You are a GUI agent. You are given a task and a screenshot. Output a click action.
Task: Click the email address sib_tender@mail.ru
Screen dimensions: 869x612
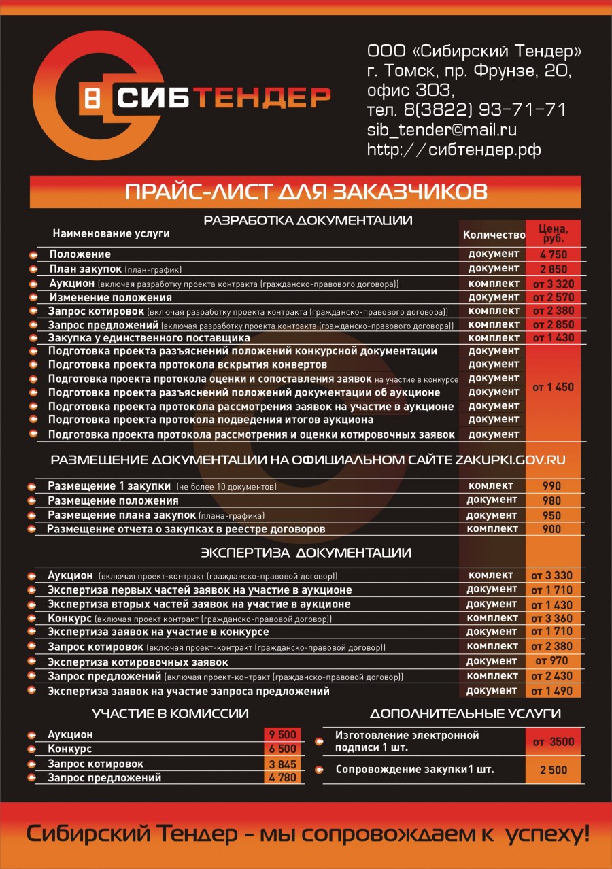(442, 129)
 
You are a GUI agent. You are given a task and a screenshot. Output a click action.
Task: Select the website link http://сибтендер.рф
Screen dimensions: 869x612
(454, 150)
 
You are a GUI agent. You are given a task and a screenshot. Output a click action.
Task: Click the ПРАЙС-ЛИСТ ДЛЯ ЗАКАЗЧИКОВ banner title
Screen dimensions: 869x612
(306, 192)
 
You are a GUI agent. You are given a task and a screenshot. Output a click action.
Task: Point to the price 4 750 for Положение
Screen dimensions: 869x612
(553, 255)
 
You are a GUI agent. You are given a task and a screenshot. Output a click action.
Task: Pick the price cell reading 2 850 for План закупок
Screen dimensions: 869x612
(553, 269)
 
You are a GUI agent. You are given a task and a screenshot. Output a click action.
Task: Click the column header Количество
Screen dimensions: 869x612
(494, 235)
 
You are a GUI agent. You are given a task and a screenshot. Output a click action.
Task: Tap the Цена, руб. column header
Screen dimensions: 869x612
(553, 233)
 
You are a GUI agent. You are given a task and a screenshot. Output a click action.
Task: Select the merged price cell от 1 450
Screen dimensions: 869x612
(553, 387)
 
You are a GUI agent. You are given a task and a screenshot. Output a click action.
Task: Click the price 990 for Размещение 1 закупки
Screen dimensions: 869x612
(551, 486)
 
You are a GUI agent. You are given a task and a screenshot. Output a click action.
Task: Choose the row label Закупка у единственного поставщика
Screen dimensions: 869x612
(149, 338)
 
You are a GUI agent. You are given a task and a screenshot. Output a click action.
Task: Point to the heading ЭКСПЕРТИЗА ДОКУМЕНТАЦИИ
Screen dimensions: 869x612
(306, 553)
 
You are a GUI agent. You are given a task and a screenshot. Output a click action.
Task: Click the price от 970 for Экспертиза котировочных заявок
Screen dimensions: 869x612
(551, 661)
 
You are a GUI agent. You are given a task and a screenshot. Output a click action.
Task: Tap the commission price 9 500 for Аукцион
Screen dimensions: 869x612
(283, 734)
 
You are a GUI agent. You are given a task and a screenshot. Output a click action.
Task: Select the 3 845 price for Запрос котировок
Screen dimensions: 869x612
(283, 764)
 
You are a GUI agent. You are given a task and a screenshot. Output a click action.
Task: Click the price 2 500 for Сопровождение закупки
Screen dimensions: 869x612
(554, 770)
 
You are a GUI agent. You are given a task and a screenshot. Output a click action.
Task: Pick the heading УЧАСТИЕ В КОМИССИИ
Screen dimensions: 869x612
(170, 714)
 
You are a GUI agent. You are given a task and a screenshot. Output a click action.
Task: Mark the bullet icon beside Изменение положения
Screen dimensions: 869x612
(33, 298)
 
